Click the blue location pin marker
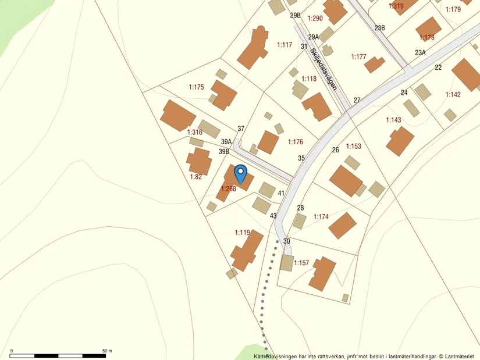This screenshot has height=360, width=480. pyautogui.click(x=240, y=173)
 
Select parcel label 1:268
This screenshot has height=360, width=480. pyautogui.click(x=228, y=188)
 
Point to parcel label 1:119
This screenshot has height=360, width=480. pyautogui.click(x=243, y=233)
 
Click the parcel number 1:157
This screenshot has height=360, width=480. pyautogui.click(x=301, y=263)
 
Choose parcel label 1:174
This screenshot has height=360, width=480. pyautogui.click(x=321, y=217)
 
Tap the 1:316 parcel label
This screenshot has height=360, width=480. pyautogui.click(x=194, y=133)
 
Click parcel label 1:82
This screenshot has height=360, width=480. pyautogui.click(x=196, y=177)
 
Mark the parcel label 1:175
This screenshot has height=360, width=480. pyautogui.click(x=197, y=87)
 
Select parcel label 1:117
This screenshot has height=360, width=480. pyautogui.click(x=285, y=45)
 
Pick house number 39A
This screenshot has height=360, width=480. pyautogui.click(x=226, y=142)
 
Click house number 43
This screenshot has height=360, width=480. pyautogui.click(x=273, y=216)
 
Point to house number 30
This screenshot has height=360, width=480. pyautogui.click(x=286, y=241)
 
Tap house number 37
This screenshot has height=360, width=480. pyautogui.click(x=241, y=129)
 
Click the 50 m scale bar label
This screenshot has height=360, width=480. pyautogui.click(x=106, y=351)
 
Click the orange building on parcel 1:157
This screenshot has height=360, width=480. pyautogui.click(x=322, y=274)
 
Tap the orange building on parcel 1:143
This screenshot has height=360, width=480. pyautogui.click(x=400, y=141)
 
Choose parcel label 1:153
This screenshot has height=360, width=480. pyautogui.click(x=354, y=147)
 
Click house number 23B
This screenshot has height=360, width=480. pyautogui.click(x=380, y=28)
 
